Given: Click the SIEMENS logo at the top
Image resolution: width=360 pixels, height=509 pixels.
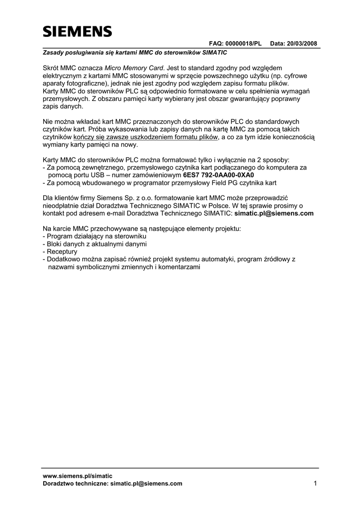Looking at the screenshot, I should click(77, 32).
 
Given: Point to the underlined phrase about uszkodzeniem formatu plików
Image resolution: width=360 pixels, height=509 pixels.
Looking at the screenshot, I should click(146, 137).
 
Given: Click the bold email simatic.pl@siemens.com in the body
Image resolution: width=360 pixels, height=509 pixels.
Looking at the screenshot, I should click(273, 213).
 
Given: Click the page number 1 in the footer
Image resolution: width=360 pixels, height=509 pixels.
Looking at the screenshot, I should click(315, 483).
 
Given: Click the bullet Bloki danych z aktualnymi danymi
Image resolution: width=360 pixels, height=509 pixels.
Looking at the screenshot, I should click(96, 244).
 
